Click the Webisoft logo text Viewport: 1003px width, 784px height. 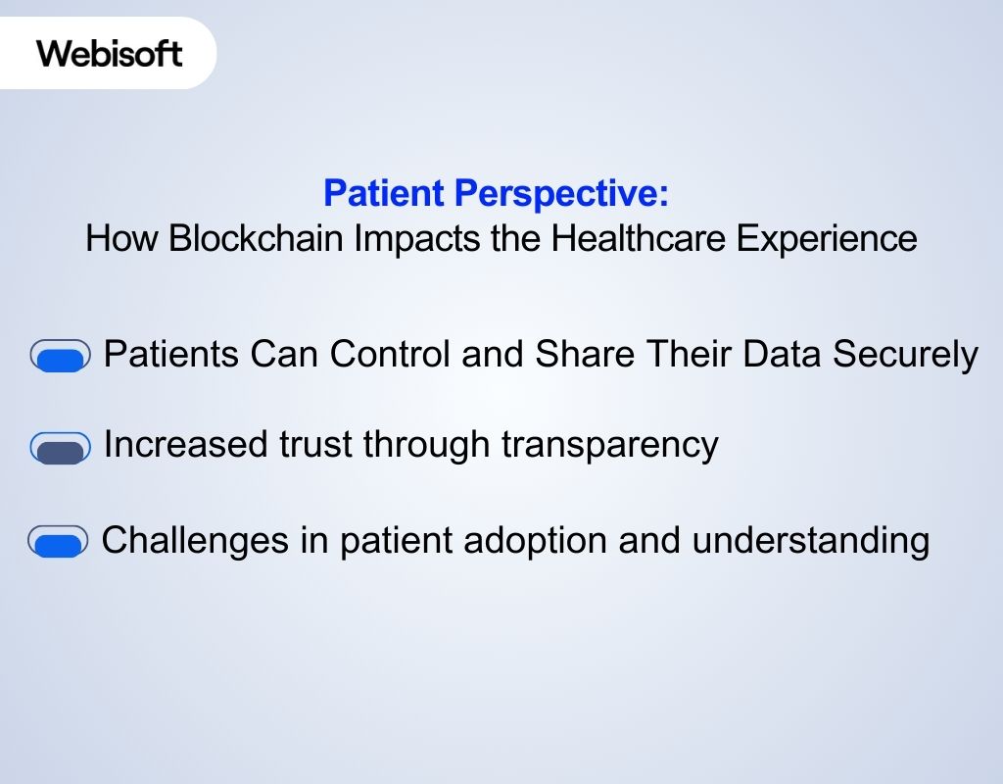[110, 52]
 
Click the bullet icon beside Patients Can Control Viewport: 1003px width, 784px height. [60, 357]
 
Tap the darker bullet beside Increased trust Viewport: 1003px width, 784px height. [60, 448]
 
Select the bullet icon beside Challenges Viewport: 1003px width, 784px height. [58, 542]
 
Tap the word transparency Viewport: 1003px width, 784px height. [610, 445]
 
